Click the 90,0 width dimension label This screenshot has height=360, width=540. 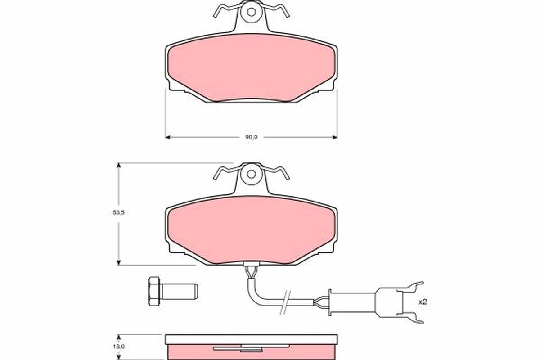[x=251, y=137]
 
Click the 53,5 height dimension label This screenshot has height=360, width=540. [x=118, y=213]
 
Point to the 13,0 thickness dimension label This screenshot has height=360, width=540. [x=118, y=346]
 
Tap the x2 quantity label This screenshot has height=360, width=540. [x=422, y=302]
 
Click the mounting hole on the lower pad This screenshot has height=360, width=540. [x=251, y=174]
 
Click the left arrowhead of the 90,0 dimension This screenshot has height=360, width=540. [x=168, y=137]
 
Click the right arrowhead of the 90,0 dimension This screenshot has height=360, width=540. [x=334, y=137]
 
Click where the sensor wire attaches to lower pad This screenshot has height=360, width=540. [x=250, y=269]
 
